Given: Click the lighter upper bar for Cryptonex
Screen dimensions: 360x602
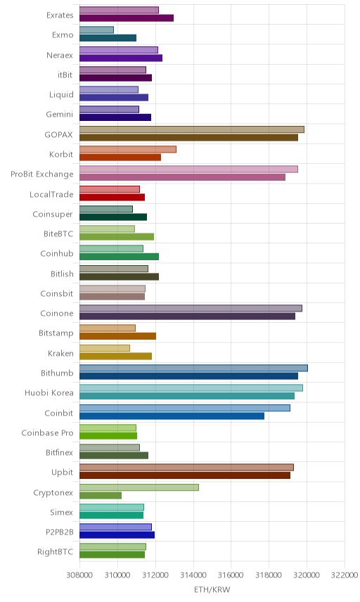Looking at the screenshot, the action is pos(139,487).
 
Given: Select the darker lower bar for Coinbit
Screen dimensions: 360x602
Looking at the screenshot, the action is pos(172,416).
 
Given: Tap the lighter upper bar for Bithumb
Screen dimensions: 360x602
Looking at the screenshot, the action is pos(193,368).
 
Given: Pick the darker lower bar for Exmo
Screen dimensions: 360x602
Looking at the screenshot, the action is pos(108,38).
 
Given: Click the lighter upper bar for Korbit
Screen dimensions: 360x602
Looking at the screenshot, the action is pos(128,149).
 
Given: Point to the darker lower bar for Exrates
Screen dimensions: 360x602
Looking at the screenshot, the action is pos(127,18).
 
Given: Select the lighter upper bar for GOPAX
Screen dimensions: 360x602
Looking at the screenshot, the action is pos(192,129).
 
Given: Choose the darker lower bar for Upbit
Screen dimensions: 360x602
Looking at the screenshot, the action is pos(185,475).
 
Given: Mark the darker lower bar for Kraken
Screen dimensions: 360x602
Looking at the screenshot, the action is pos(115,356).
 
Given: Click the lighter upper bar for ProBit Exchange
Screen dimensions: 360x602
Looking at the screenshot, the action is pos(189,169).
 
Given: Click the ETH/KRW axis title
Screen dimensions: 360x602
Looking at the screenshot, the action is pos(212,589).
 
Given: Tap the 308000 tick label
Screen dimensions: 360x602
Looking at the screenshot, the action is pos(79,575).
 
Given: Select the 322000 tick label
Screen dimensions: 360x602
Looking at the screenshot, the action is pos(345,575).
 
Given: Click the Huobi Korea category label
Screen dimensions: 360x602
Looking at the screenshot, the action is pos(49,392).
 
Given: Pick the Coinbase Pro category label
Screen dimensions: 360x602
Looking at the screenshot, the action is pos(47,433).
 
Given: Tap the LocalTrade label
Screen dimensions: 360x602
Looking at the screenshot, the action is pos(51,194).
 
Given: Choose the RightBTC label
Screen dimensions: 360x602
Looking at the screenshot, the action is pos(55,551).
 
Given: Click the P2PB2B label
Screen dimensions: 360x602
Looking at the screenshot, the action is pos(60,532).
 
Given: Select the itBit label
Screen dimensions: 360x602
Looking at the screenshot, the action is pos(65,75).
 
